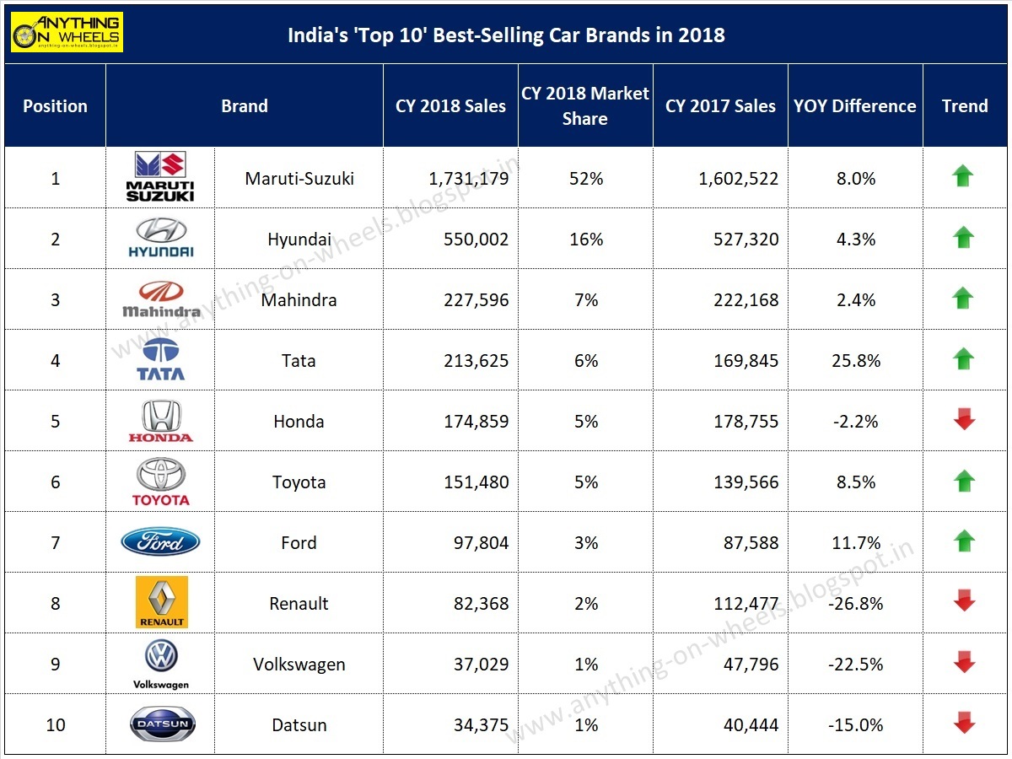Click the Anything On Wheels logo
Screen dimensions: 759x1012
[x=67, y=32]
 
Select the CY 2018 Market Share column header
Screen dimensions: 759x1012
[x=585, y=106]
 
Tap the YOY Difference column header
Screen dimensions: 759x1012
[x=855, y=106]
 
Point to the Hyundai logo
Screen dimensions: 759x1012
[x=160, y=238]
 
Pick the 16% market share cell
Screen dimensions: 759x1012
[x=585, y=240]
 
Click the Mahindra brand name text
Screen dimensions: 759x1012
[x=299, y=300]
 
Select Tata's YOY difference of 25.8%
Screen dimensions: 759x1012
[x=856, y=361]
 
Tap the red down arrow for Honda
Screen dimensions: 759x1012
[x=964, y=420]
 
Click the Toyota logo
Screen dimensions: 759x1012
[x=160, y=482]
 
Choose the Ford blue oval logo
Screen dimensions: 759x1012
[x=160, y=541]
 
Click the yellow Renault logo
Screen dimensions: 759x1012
[x=161, y=602]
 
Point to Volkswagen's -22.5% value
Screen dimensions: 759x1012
[x=855, y=665]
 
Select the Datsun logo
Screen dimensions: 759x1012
[x=162, y=724]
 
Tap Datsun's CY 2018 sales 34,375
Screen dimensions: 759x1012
[x=476, y=725]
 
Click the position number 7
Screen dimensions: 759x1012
[x=56, y=543]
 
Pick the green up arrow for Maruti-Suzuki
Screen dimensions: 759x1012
[x=963, y=176]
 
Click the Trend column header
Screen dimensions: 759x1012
[x=965, y=106]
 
